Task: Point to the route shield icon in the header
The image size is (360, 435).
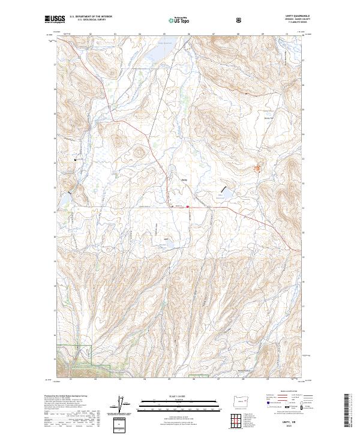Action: pyautogui.click(x=239, y=19)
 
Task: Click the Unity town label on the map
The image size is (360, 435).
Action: pyautogui.click(x=185, y=178)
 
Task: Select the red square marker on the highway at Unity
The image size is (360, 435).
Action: pyautogui.click(x=188, y=208)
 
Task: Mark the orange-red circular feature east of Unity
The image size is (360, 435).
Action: pyautogui.click(x=259, y=169)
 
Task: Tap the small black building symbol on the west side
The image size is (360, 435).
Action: pyautogui.click(x=75, y=160)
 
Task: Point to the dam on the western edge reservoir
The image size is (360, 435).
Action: pyautogui.click(x=70, y=193)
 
